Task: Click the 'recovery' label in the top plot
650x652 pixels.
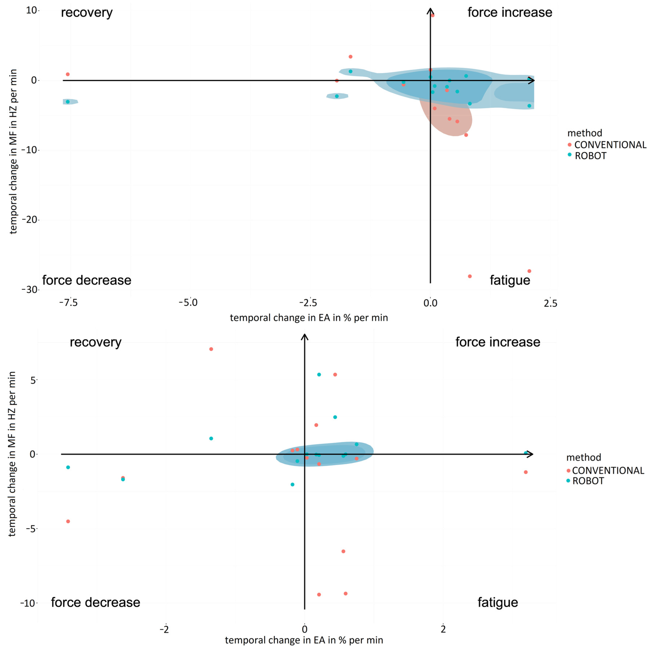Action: click(x=87, y=13)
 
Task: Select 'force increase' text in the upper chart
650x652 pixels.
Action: click(x=510, y=12)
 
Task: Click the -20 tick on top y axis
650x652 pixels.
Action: click(x=30, y=220)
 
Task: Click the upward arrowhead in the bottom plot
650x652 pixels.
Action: click(x=305, y=337)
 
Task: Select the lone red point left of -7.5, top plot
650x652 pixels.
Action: click(x=68, y=74)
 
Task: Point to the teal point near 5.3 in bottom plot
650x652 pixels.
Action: click(x=319, y=375)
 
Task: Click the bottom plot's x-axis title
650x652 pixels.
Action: click(x=304, y=640)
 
